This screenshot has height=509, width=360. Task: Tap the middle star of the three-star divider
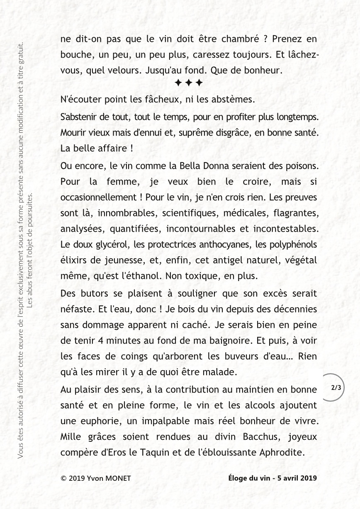click(189, 82)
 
